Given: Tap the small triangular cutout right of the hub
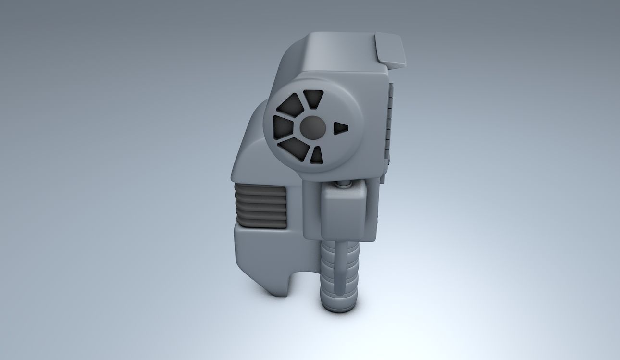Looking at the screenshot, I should tap(340, 127).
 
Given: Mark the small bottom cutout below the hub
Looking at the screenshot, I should tap(316, 155).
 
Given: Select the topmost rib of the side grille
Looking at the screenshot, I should tap(260, 189).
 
